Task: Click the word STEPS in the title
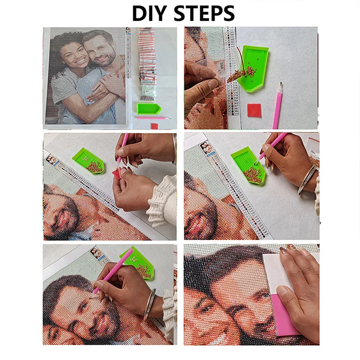[205, 13]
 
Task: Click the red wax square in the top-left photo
[154, 126]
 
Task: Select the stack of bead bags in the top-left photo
[146, 63]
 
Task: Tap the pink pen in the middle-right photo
[273, 145]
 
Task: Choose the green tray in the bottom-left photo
[139, 265]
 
